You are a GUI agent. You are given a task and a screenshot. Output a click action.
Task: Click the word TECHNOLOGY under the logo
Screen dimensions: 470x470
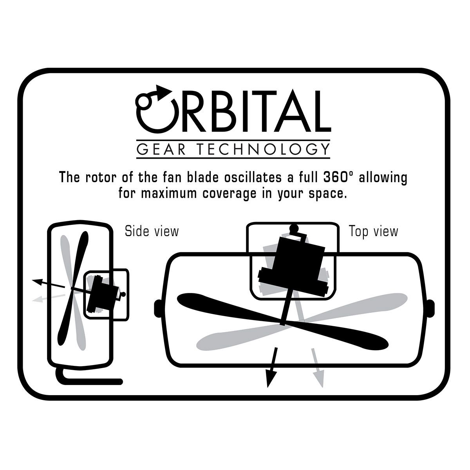click(264, 149)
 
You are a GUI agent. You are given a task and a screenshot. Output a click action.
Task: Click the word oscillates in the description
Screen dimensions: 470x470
click(253, 177)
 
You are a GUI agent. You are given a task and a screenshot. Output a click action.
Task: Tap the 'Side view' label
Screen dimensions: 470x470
click(152, 231)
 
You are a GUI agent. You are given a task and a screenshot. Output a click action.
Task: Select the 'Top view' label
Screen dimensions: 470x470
click(373, 231)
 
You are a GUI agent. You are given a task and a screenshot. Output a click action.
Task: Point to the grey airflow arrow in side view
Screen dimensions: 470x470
click(49, 298)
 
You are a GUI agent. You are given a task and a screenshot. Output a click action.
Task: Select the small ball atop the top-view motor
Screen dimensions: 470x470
click(295, 228)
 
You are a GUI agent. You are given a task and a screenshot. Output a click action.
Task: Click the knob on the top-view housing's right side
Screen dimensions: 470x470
click(431, 308)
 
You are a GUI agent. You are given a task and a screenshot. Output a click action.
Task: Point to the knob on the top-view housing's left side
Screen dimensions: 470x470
click(158, 308)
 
